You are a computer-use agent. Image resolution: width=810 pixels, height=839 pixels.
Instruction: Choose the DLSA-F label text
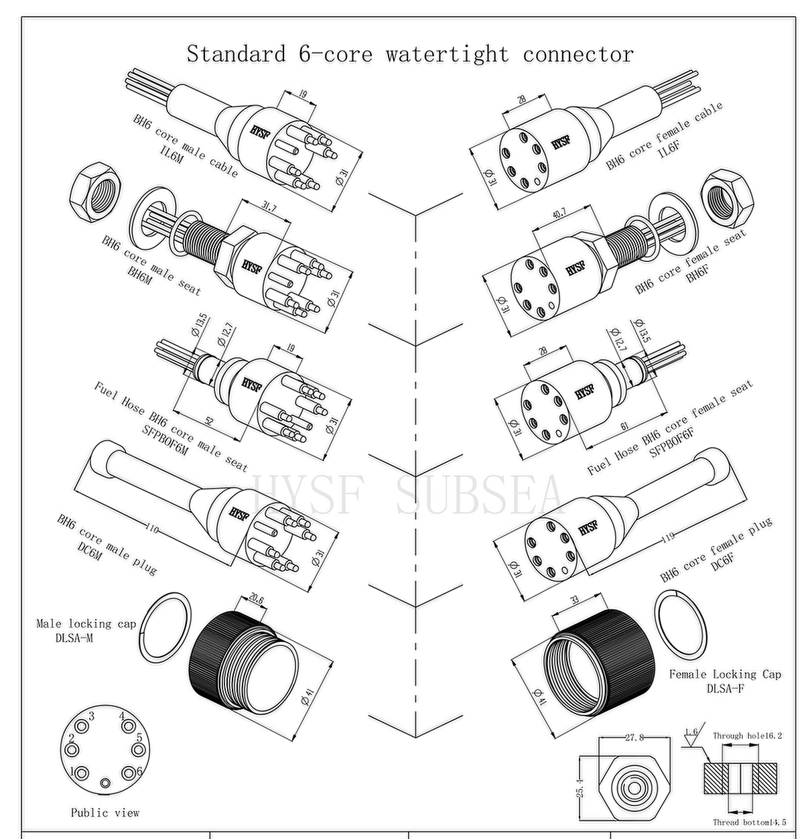[725, 688]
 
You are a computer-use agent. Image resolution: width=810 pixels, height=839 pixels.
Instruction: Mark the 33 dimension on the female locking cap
[573, 600]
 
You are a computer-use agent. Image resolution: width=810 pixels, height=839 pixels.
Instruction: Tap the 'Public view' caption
[105, 813]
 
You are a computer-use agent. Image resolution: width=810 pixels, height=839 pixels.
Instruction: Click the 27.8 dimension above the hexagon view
[634, 737]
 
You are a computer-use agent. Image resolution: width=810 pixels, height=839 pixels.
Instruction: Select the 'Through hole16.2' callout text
[747, 736]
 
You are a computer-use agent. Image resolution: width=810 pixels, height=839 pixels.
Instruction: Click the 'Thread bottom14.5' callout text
[749, 822]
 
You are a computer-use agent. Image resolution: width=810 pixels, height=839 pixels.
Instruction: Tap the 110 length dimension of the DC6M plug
[152, 529]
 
